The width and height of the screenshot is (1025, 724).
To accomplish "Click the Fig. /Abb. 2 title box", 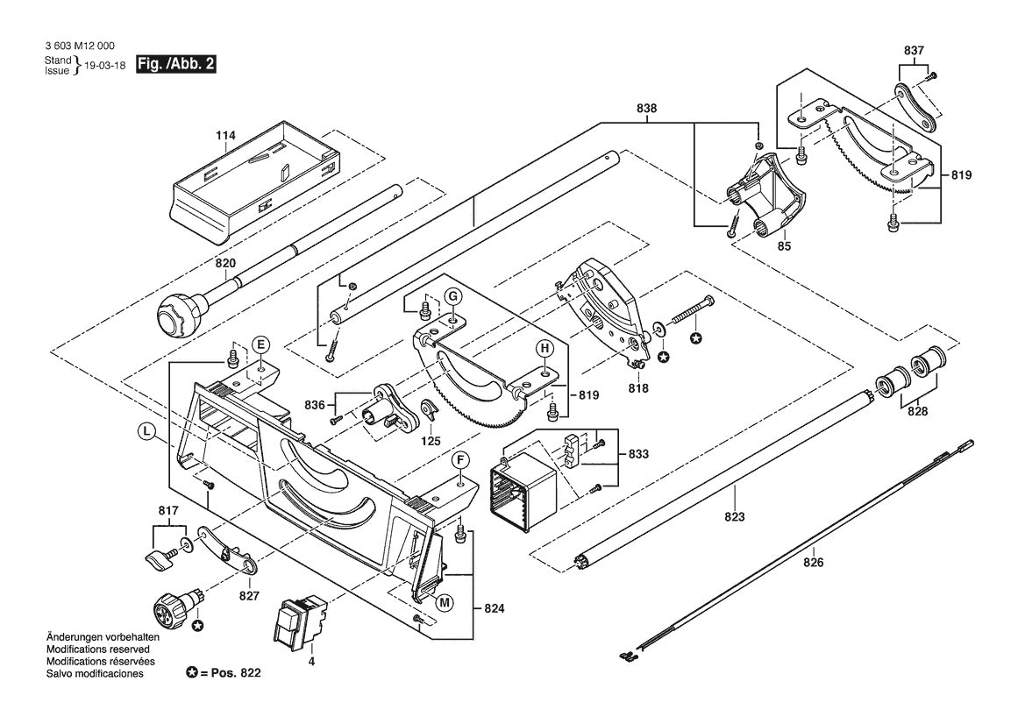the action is (175, 65).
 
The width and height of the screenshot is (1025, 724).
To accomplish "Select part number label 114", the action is (225, 136).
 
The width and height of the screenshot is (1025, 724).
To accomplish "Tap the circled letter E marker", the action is (260, 344).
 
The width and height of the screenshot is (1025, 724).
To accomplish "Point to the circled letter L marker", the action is (146, 430).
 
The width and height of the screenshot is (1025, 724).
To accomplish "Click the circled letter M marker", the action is (445, 602).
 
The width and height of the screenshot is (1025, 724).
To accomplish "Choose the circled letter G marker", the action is (452, 296).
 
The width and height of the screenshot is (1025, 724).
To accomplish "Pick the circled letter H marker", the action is (545, 349).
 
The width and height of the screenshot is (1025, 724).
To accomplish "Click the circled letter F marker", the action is (460, 460).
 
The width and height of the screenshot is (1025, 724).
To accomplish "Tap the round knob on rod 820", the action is (178, 315).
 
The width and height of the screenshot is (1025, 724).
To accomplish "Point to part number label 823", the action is (735, 517).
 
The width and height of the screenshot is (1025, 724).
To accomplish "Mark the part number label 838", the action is (646, 109).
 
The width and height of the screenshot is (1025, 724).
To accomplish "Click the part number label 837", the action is (914, 50).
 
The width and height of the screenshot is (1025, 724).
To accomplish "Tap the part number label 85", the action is (785, 246).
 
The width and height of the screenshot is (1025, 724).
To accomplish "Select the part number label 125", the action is (431, 441).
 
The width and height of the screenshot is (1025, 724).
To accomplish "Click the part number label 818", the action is (638, 388).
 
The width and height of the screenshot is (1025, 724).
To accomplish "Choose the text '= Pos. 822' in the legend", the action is (230, 673).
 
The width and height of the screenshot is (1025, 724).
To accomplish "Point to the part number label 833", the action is (638, 453).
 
